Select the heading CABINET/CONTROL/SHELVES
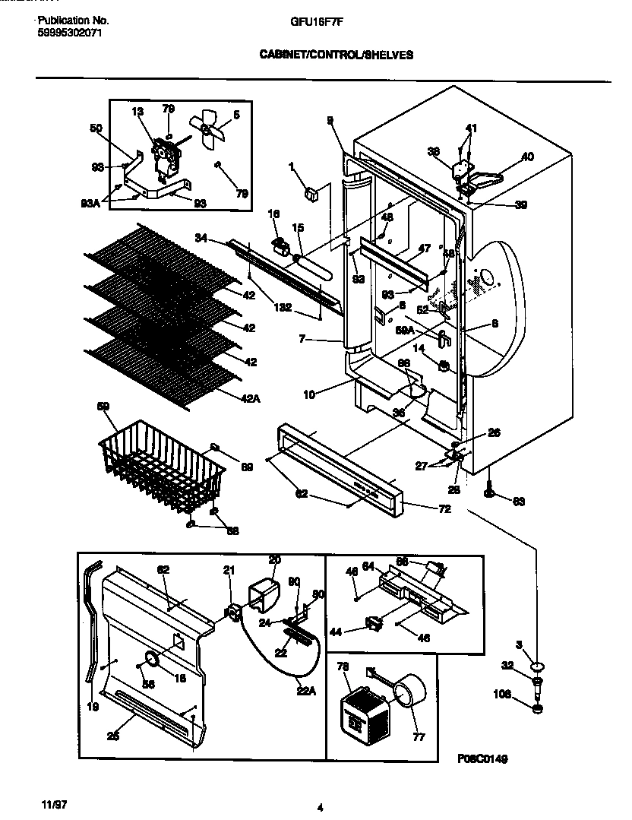338,55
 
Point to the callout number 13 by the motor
137,112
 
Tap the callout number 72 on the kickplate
444,508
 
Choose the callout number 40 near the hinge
527,157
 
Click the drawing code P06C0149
482,758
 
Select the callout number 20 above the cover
274,559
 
